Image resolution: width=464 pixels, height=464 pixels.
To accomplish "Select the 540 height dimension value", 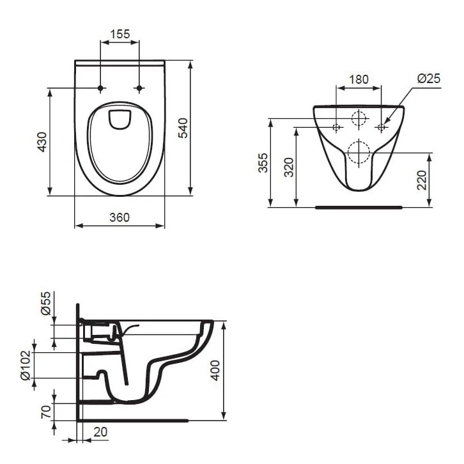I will pyautogui.click(x=182, y=128).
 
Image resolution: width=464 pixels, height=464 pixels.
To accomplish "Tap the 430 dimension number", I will pyautogui.click(x=42, y=141).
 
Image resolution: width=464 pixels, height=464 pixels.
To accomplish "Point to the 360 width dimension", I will pyautogui.click(x=120, y=217).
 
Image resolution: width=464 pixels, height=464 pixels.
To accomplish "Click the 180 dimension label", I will pyautogui.click(x=359, y=79).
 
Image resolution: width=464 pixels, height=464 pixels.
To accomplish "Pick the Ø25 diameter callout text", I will pyautogui.click(x=429, y=79).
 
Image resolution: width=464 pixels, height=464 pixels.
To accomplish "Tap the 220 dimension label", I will pyautogui.click(x=421, y=180).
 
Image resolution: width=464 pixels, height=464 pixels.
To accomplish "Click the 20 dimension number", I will pyautogui.click(x=100, y=432).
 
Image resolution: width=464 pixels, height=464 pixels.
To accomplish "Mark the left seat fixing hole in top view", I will pyautogui.click(x=100, y=88).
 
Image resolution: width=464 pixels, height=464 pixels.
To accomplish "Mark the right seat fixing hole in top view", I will pyautogui.click(x=139, y=88).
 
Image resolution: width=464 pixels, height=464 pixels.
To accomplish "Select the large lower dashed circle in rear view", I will pyautogui.click(x=359, y=153).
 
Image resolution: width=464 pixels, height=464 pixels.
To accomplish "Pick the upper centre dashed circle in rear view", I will pyautogui.click(x=359, y=118).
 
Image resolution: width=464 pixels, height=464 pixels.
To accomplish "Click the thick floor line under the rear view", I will pyautogui.click(x=359, y=207).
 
